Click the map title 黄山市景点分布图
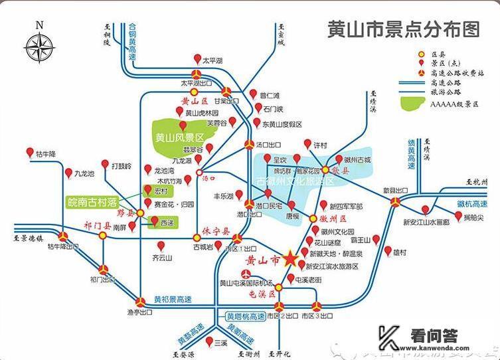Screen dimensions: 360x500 click(403, 29)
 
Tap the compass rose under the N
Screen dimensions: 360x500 click(40, 48)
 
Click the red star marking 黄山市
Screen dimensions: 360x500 click(291, 259)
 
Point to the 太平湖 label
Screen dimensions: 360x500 click(212, 60)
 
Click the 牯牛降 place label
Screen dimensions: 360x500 click(46, 153)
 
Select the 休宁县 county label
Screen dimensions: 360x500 click(215, 232)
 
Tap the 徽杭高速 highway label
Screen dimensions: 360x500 click(474, 203)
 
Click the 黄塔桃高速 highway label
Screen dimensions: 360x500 click(245, 316)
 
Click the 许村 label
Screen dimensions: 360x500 click(321, 145)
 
